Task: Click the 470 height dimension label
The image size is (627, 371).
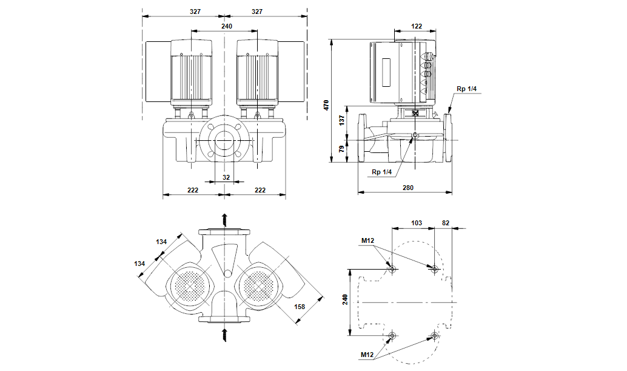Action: [x=326, y=105]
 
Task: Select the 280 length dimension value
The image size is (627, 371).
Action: [x=408, y=188]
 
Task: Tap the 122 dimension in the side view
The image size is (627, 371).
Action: [x=416, y=26]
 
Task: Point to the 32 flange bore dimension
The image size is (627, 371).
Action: [x=226, y=177]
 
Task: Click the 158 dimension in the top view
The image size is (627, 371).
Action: [x=300, y=307]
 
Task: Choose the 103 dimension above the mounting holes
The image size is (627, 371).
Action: [x=417, y=223]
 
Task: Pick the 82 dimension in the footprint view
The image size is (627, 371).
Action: [x=446, y=223]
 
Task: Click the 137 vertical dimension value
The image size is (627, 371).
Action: [x=341, y=120]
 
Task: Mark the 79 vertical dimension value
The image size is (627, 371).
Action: [x=341, y=149]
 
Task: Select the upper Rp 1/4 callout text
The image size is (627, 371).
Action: [x=467, y=89]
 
